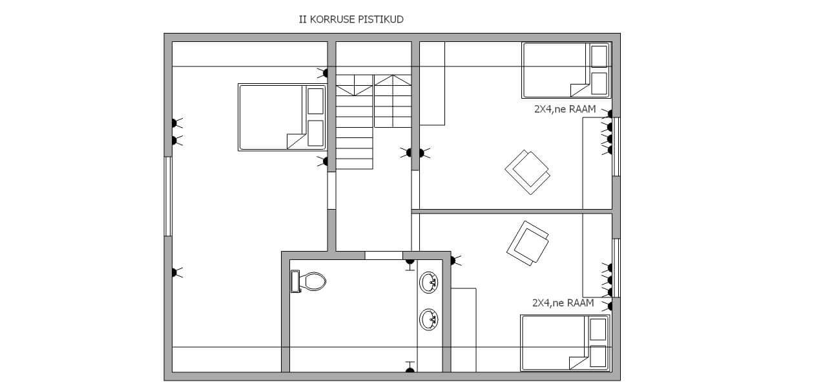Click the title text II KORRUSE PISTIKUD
[x=351, y=19]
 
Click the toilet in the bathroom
[x=308, y=281]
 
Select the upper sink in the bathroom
[x=428, y=282]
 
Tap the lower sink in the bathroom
[x=428, y=319]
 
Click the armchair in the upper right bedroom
[x=528, y=172]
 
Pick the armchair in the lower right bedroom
[x=528, y=243]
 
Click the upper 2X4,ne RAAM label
[x=565, y=110]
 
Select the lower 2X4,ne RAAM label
[x=563, y=303]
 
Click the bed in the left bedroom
[x=282, y=117]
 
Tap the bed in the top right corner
[x=566, y=70]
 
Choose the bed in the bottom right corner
[x=565, y=343]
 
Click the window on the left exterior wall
[x=168, y=196]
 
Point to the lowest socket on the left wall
[x=176, y=272]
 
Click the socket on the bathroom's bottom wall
[x=410, y=367]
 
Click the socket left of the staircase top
[x=324, y=73]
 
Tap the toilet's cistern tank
[x=295, y=281]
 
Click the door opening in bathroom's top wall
[x=384, y=255]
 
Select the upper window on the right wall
[x=616, y=147]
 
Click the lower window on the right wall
[x=616, y=268]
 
